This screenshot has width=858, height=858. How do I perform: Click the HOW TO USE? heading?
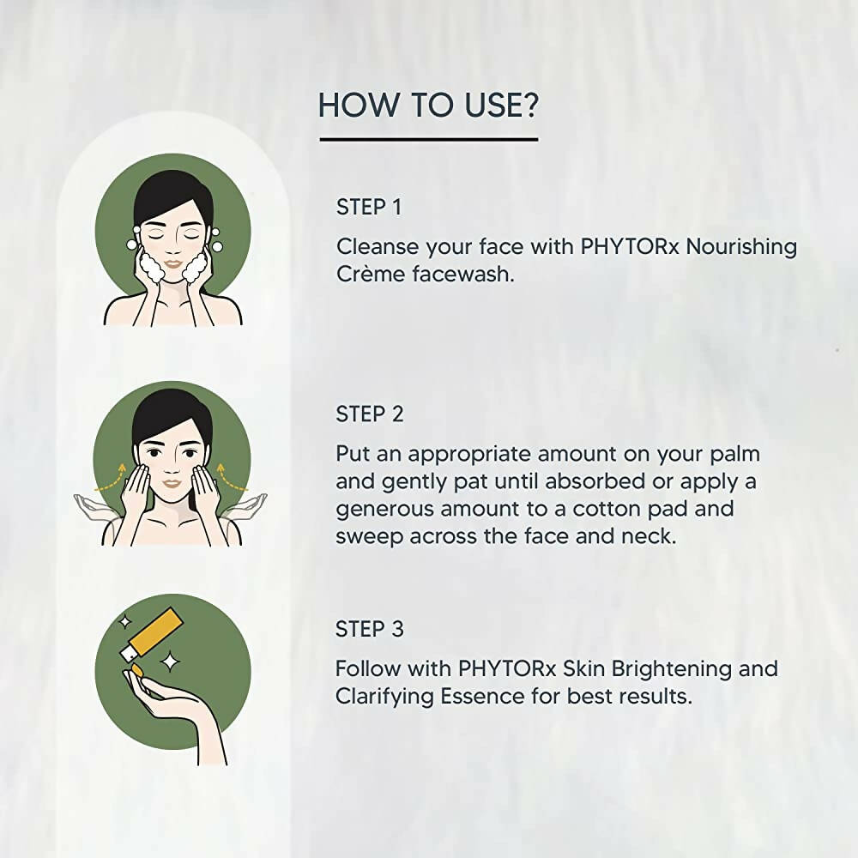tap(428, 105)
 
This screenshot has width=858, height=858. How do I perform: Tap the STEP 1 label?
tap(369, 207)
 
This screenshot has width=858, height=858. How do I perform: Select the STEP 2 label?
tap(370, 414)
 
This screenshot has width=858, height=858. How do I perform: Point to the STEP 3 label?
tap(370, 628)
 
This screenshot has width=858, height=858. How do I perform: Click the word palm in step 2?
tap(728, 453)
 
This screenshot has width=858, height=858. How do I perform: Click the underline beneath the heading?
tap(428, 139)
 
